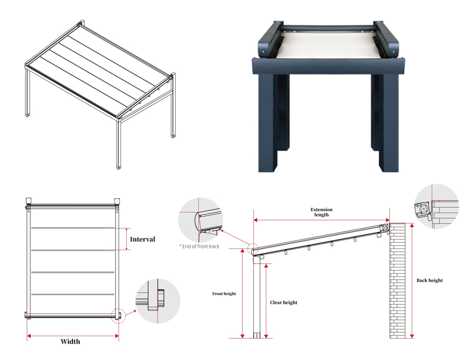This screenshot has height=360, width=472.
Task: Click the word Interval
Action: (x=142, y=239)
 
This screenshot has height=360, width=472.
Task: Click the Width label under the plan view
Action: (x=70, y=341)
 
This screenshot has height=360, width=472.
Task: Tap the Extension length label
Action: (x=322, y=212)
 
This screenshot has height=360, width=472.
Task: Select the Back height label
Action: (x=430, y=280)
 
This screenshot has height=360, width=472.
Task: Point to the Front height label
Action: (x=224, y=293)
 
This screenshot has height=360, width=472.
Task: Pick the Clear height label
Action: (x=284, y=303)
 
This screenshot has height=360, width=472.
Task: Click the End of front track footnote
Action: (x=199, y=247)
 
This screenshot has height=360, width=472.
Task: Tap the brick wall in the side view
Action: (x=397, y=280)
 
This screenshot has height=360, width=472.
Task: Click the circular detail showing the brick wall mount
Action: (x=437, y=207)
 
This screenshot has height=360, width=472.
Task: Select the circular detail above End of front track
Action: (x=201, y=220)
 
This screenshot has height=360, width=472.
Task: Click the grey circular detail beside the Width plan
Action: (x=158, y=301)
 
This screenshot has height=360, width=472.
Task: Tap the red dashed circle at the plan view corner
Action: (x=118, y=316)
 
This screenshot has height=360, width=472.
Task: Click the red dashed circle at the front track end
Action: (x=253, y=249)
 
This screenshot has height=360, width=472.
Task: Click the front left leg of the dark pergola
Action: (x=268, y=123)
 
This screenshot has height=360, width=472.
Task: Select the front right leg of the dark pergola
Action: (x=389, y=123)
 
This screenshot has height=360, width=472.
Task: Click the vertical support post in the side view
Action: (x=257, y=297)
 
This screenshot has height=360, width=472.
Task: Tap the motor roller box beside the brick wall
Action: (x=385, y=228)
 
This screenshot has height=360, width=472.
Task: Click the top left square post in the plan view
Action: (x=29, y=201)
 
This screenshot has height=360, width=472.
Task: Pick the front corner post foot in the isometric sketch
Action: (x=119, y=167)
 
